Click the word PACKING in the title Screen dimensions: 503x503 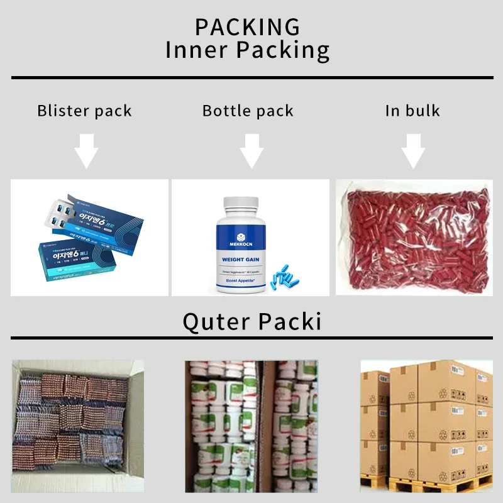[x=247, y=27]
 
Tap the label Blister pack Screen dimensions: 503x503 [x=84, y=111]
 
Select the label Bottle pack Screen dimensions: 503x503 [x=248, y=111]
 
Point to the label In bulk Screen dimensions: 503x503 [x=412, y=111]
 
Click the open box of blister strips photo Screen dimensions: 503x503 [x=78, y=424]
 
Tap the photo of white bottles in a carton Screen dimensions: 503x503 [x=251, y=426]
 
